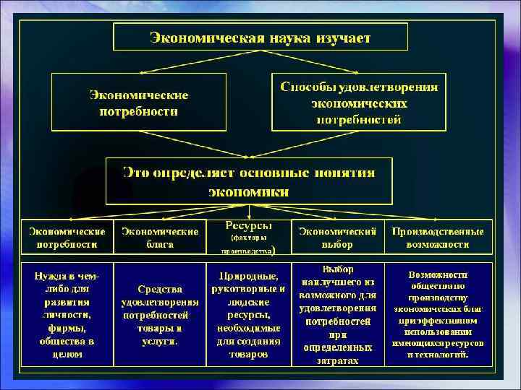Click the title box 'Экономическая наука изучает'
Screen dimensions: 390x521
(260, 36)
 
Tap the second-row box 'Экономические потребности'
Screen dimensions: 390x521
(139, 103)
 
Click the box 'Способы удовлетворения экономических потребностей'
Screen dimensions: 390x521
(359, 103)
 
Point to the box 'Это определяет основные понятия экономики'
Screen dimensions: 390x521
(249, 181)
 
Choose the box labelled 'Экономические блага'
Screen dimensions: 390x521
(160, 238)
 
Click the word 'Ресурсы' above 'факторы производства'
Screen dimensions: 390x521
(249, 225)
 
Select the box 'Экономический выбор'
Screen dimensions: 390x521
(337, 238)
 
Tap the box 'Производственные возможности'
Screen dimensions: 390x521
(439, 238)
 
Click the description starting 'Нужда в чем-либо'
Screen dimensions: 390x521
(67, 315)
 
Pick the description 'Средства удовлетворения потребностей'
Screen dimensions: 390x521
(160, 315)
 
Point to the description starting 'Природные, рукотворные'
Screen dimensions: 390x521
(249, 315)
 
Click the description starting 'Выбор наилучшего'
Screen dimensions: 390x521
(337, 315)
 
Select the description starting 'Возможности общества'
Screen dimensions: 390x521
(439, 315)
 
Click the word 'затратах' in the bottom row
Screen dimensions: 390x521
(338, 359)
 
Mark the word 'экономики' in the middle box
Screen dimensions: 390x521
(249, 192)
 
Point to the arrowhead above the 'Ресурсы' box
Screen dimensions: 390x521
(249, 216)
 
